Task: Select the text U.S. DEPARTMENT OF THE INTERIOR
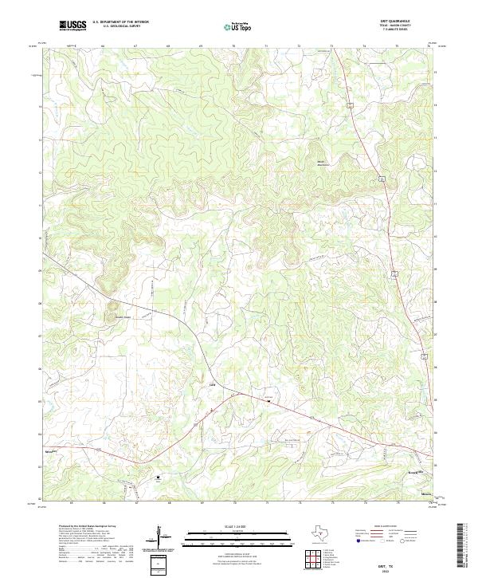[x=120, y=22]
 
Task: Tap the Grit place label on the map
[x=212, y=385]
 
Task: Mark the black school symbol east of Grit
[x=268, y=401]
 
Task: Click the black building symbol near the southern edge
[x=158, y=477]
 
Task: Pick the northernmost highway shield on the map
[x=350, y=104]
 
